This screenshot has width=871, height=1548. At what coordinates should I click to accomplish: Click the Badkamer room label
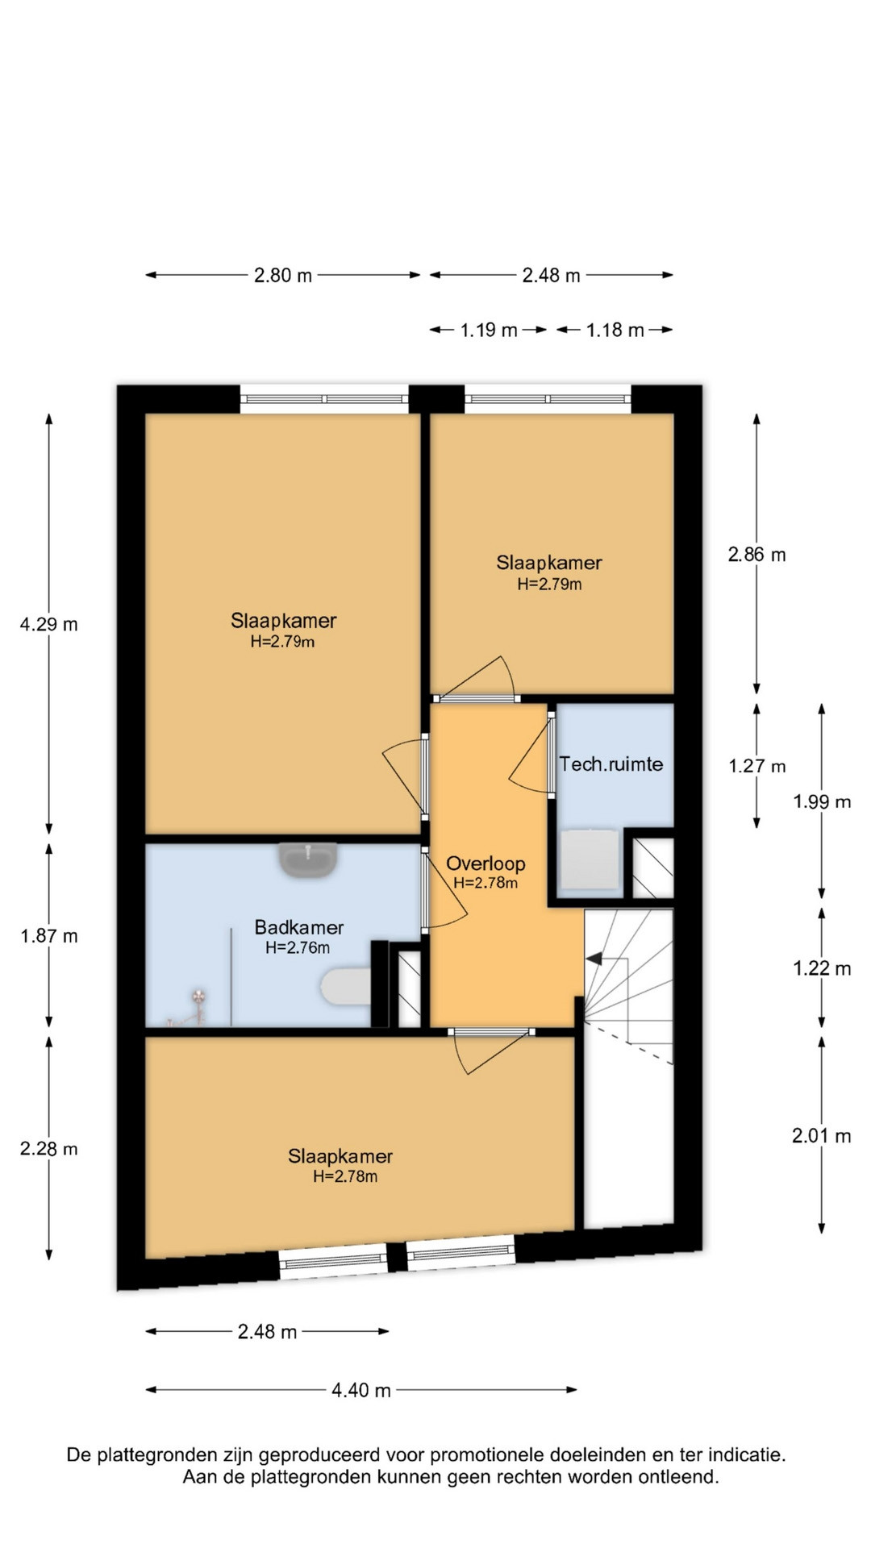[x=299, y=927]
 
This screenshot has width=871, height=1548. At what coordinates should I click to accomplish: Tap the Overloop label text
[x=486, y=863]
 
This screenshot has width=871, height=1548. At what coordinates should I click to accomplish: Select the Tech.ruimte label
[x=611, y=764]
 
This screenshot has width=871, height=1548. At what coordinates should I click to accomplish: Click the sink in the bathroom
[x=309, y=859]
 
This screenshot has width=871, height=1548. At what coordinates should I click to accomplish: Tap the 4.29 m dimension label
[x=49, y=624]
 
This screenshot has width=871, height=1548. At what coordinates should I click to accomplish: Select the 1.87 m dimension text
[x=49, y=936]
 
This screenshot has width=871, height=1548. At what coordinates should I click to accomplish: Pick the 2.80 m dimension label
[x=283, y=275]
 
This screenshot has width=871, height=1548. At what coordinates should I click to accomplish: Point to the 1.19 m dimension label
[x=489, y=330]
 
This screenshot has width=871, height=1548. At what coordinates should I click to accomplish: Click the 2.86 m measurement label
[x=756, y=555]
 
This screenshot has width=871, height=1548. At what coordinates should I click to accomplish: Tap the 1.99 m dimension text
[x=822, y=801]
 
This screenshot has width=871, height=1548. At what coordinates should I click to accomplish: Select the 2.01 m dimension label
[x=822, y=1136]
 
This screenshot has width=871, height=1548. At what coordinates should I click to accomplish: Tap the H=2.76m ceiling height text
[x=298, y=948]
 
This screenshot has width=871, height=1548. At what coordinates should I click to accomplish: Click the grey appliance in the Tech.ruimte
[x=590, y=861]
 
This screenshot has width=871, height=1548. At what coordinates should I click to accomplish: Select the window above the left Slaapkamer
[x=324, y=398]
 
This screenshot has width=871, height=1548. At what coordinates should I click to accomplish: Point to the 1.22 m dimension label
[x=822, y=968]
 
